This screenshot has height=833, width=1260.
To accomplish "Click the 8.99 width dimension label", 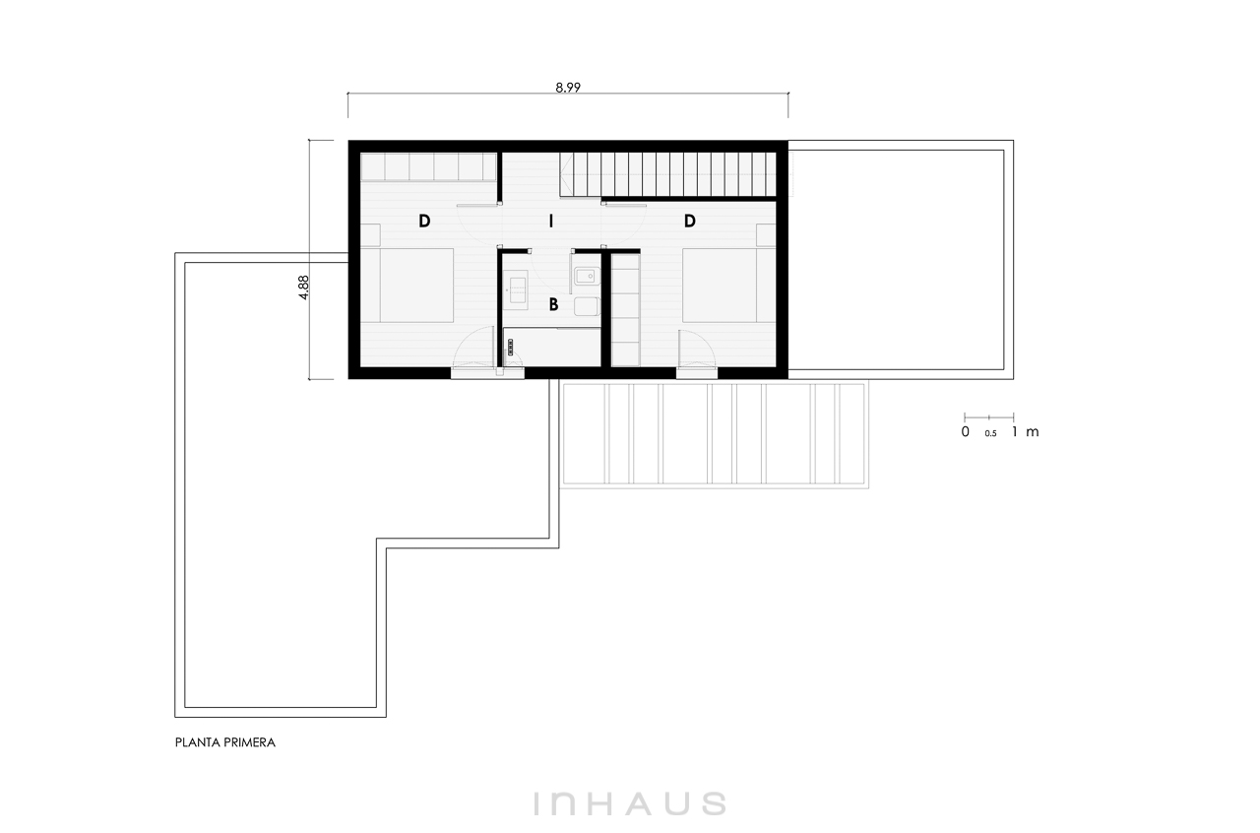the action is click(568, 88).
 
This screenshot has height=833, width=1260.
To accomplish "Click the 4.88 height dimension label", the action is click(303, 288).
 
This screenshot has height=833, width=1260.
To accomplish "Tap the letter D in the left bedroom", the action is click(424, 222).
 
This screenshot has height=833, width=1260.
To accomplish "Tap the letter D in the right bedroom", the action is click(690, 222).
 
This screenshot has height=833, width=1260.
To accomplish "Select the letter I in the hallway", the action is click(551, 222).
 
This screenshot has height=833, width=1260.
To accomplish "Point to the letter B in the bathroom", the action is click(553, 304).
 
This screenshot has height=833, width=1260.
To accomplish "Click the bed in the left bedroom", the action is click(416, 286).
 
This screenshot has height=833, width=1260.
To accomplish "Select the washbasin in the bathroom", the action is click(515, 289).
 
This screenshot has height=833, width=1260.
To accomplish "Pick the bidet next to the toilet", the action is click(587, 276).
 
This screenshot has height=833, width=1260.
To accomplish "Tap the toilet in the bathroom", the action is click(587, 307).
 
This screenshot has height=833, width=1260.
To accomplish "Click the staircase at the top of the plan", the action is click(668, 174).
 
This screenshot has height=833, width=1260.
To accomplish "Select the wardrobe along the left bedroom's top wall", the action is click(428, 166).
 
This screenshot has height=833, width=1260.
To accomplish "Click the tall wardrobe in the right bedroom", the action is click(625, 310).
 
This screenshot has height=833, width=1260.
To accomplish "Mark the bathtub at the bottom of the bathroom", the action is click(552, 348).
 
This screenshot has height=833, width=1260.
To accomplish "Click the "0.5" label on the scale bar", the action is click(990, 433).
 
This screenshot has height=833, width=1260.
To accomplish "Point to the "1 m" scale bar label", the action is click(1025, 431).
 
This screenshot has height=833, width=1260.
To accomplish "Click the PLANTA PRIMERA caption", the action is click(225, 742).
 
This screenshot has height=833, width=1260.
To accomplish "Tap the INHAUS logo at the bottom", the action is click(630, 803).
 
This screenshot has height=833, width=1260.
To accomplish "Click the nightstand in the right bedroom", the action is click(766, 235).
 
